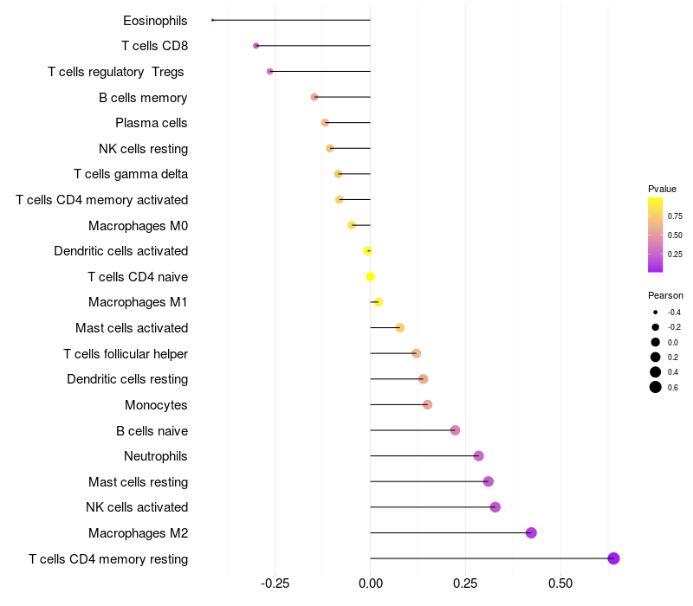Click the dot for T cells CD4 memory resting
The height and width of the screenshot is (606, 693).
[613, 558]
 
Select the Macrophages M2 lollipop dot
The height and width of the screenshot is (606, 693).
[531, 532]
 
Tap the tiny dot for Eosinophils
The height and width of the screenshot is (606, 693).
[212, 20]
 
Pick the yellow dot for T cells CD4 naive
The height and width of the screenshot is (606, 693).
[370, 276]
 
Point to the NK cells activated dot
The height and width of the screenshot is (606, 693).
[495, 507]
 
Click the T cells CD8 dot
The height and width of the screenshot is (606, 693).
[256, 46]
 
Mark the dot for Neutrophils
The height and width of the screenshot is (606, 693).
[478, 456]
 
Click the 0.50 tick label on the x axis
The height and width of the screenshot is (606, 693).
[560, 583]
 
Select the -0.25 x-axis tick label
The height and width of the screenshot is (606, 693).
[275, 583]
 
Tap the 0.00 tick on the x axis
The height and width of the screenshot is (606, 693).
[370, 583]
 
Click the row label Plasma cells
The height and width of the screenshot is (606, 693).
[152, 123]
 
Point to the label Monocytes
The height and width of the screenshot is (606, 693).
[156, 405]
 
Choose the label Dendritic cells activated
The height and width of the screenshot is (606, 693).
[120, 251]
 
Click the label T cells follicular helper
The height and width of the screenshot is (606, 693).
[126, 354]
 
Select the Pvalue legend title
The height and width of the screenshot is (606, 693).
[662, 189]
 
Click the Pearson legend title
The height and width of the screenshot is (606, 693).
[665, 295]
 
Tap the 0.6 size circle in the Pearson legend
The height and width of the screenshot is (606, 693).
[656, 387]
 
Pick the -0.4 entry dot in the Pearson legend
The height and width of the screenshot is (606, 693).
[656, 312]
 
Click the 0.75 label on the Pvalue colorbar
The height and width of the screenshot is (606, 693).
[675, 216]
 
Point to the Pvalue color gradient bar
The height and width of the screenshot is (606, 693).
[656, 234]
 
